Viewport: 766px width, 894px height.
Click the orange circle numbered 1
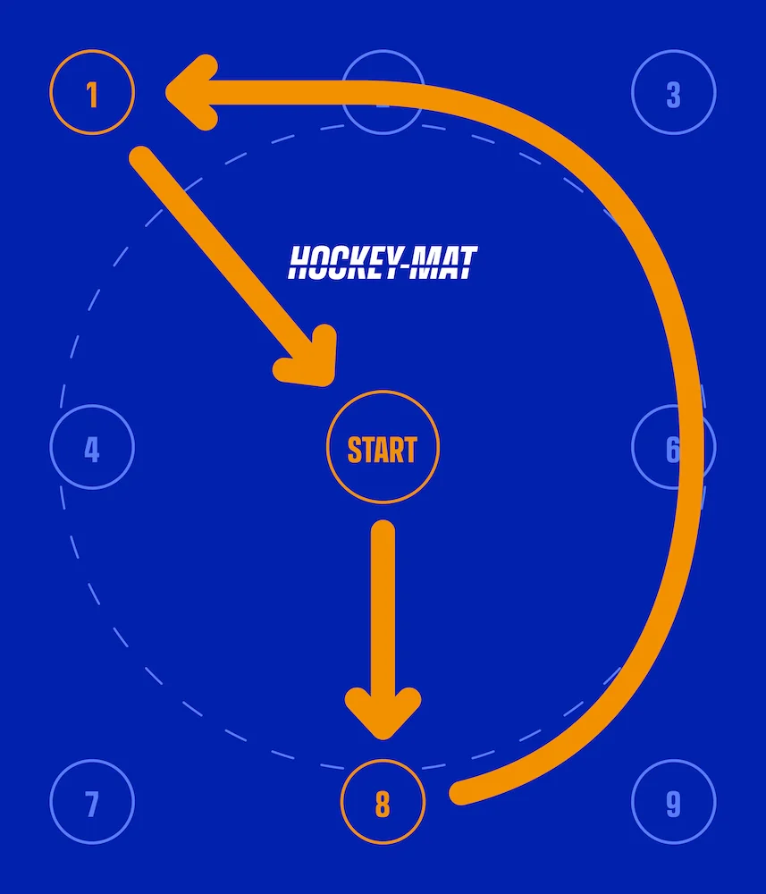point(92,93)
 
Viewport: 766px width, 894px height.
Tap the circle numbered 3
point(673,93)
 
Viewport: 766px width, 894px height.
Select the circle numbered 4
point(92,448)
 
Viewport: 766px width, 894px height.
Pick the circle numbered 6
point(673,448)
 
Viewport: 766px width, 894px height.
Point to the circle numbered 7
point(92,803)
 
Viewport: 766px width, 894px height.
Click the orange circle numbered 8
point(383,803)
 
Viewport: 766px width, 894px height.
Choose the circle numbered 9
point(673,803)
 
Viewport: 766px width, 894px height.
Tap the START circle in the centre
point(383,448)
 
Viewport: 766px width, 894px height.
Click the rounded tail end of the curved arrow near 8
point(460,792)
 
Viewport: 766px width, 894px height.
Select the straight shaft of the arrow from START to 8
point(383,608)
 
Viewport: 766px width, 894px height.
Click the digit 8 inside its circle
point(383,805)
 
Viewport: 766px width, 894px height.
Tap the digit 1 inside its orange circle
point(92,94)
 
